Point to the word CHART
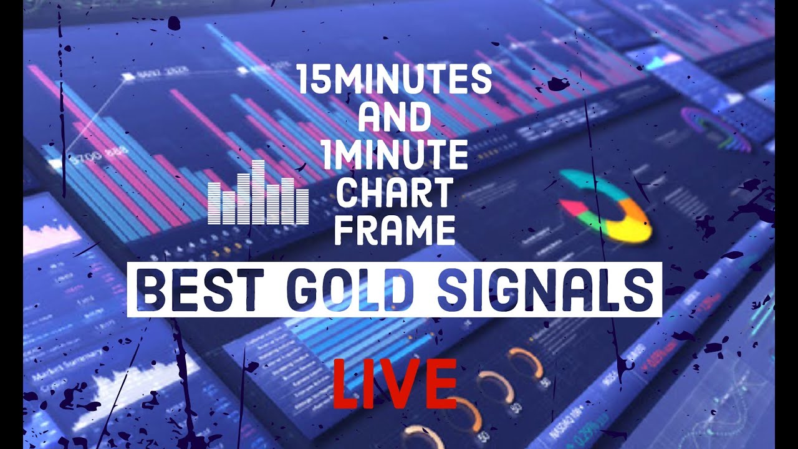point(394,193)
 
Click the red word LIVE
point(394,382)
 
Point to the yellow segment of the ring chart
point(630,231)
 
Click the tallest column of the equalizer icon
point(258,191)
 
